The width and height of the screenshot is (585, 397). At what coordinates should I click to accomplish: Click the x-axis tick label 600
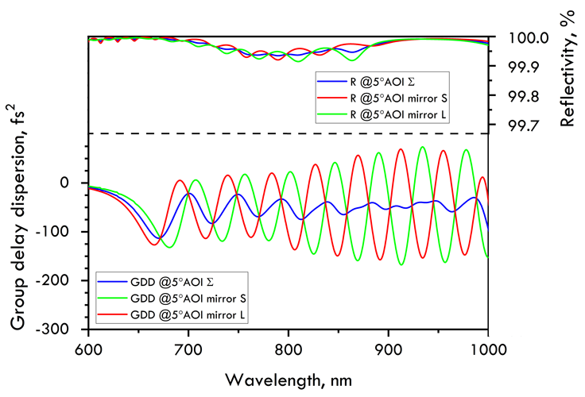point(88,347)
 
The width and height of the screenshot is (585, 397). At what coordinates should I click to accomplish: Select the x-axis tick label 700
point(188,347)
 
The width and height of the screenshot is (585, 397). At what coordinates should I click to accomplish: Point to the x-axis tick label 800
point(289,347)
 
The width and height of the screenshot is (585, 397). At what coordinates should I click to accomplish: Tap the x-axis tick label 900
point(389,347)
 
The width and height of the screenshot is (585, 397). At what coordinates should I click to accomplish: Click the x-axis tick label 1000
point(487,347)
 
